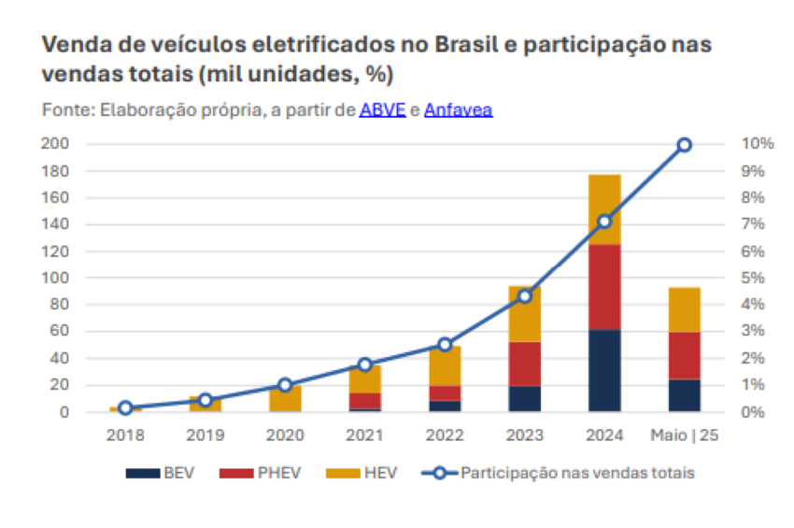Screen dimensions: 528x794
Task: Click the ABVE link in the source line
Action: coord(382,110)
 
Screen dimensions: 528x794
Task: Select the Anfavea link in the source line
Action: coord(458,110)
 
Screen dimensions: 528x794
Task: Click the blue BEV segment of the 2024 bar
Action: coord(604,370)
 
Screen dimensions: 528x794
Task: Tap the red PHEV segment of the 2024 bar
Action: coord(604,287)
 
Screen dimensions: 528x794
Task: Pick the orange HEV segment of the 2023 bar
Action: coord(525,314)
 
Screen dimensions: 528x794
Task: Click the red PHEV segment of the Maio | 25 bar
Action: coord(685,355)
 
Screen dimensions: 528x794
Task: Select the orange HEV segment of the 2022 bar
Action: coord(445,365)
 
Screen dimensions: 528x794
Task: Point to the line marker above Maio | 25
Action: coord(685,145)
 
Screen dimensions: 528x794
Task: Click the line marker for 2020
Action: coord(285,385)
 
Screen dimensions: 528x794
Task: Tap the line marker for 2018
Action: coord(125,407)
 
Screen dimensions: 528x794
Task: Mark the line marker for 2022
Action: coord(445,345)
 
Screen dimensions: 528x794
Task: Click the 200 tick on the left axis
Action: coord(57,144)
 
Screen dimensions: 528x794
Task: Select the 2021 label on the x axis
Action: coord(364,435)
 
